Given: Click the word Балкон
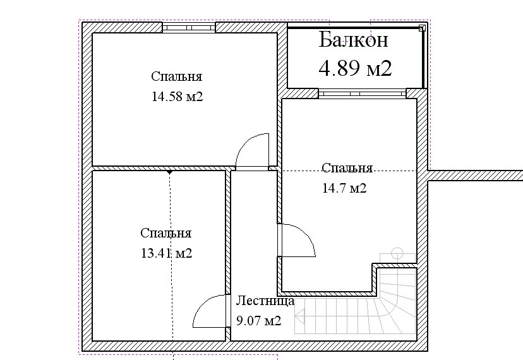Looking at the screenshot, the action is click(x=353, y=40).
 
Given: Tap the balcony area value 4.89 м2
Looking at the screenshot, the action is click(x=355, y=68).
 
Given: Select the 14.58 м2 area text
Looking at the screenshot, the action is click(x=177, y=97).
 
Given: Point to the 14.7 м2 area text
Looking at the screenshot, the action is click(x=344, y=188).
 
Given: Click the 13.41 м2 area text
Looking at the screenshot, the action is click(x=167, y=253).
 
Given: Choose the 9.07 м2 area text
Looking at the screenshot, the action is click(x=259, y=321).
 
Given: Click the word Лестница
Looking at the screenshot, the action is click(x=265, y=301).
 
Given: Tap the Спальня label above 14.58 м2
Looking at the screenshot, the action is click(x=176, y=76).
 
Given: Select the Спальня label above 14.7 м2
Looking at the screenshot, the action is click(x=347, y=168).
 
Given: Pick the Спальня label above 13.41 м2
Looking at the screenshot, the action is click(x=165, y=233).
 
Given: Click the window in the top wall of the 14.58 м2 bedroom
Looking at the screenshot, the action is click(x=189, y=28).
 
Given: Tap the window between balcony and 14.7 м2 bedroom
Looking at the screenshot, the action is click(x=362, y=93).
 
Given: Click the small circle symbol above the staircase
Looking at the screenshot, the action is click(x=397, y=253).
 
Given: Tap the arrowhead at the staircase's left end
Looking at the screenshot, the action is click(x=300, y=316).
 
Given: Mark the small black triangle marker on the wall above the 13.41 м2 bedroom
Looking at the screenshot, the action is click(x=169, y=172).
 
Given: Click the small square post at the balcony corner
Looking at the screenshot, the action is click(x=423, y=28).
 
